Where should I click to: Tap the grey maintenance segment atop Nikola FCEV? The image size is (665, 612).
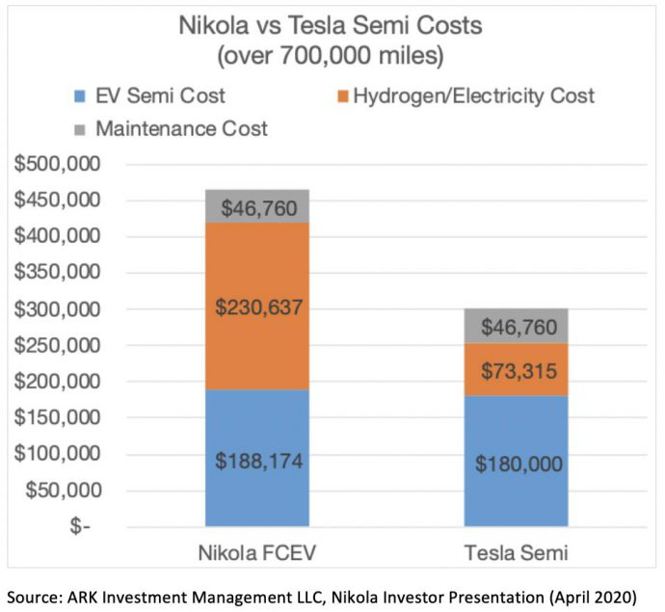(259, 205)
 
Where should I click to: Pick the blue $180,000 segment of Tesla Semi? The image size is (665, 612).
(518, 462)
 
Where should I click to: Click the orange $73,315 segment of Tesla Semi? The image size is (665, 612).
(518, 369)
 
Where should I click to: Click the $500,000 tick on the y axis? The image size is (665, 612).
(60, 165)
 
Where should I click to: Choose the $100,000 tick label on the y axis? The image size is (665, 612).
(60, 454)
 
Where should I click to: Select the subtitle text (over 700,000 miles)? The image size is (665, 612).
(332, 55)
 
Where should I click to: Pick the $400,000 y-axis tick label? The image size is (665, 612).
(60, 237)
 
